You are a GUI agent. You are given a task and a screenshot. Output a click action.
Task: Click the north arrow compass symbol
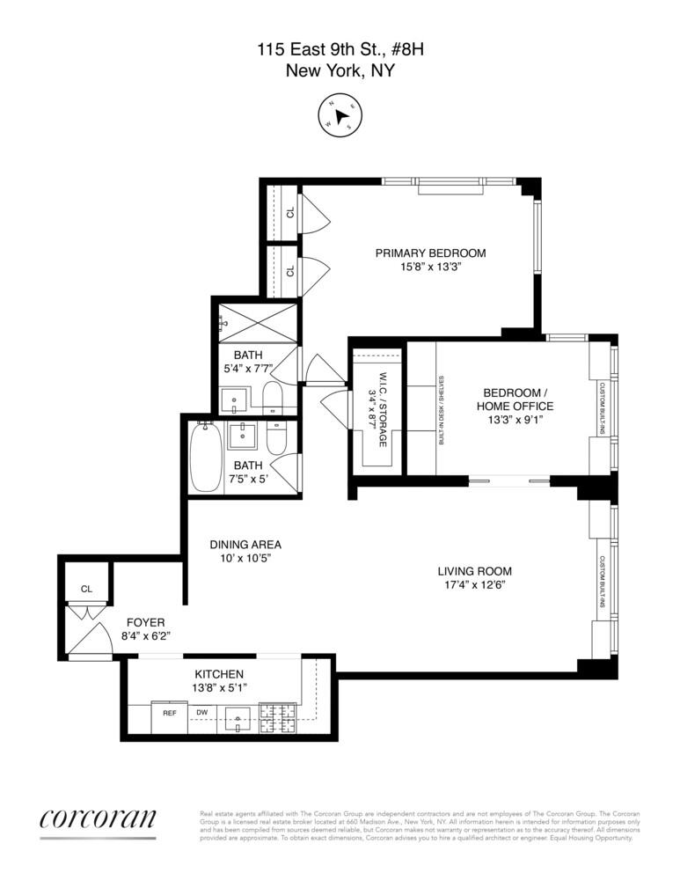pos(340,115)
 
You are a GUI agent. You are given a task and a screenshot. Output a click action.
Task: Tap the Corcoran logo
pos(98,818)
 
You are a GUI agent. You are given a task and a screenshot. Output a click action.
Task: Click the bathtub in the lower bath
pos(205,457)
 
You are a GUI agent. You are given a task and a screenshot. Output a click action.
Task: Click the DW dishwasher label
pos(201,713)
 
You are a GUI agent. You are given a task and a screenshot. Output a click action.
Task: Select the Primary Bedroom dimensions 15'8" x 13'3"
pos(430,267)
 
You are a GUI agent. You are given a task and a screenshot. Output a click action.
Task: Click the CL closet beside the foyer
pos(86,589)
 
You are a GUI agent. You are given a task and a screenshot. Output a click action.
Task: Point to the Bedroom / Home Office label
pos(515,399)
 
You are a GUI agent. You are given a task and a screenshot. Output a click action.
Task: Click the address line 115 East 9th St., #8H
pos(340,51)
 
